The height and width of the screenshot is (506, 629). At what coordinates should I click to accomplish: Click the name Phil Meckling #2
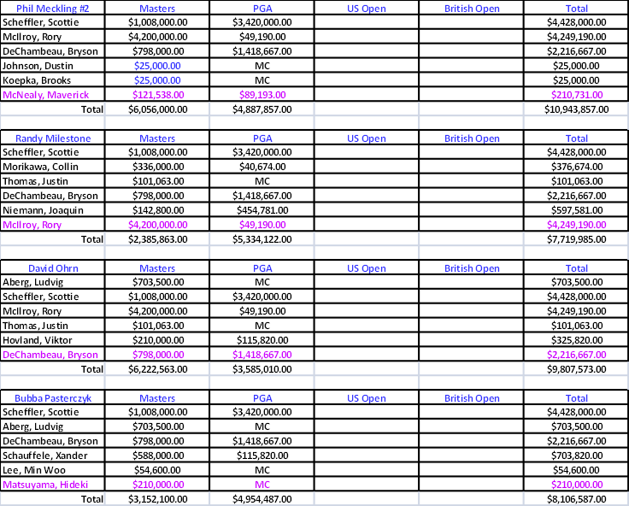[x=52, y=9]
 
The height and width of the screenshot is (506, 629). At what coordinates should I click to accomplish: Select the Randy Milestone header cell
[x=53, y=138]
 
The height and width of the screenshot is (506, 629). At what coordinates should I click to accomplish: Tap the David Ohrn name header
[x=53, y=268]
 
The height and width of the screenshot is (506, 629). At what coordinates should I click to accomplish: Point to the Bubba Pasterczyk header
[x=53, y=398]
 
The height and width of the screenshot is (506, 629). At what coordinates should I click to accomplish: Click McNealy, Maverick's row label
[x=46, y=95]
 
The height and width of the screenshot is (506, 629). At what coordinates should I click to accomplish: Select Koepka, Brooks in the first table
[x=37, y=80]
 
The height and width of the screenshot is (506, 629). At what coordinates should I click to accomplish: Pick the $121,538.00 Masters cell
[x=158, y=95]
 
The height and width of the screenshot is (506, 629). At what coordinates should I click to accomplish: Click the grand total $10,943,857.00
[x=577, y=109]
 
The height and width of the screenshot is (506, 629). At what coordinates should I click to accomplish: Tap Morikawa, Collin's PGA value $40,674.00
[x=262, y=167]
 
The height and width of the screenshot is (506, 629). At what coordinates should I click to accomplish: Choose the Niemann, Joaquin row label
[x=43, y=210]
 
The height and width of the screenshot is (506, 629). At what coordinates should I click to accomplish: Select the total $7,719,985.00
[x=577, y=239]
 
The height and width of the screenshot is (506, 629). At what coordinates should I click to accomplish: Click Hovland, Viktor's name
[x=38, y=340]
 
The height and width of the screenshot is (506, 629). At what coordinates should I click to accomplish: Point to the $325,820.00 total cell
[x=577, y=340]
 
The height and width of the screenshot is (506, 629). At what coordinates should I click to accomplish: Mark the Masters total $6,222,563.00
[x=157, y=369]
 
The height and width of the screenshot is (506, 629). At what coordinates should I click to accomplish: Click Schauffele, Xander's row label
[x=45, y=456]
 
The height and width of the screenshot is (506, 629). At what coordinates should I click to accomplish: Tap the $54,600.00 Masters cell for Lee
[x=157, y=470]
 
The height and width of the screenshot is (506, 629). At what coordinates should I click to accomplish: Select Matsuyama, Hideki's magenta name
[x=45, y=485]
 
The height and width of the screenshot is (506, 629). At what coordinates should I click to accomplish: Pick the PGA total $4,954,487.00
[x=262, y=499]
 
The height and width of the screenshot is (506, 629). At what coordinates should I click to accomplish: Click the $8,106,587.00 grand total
[x=577, y=499]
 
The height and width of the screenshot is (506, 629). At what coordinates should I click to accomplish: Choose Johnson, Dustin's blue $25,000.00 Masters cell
[x=157, y=66]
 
